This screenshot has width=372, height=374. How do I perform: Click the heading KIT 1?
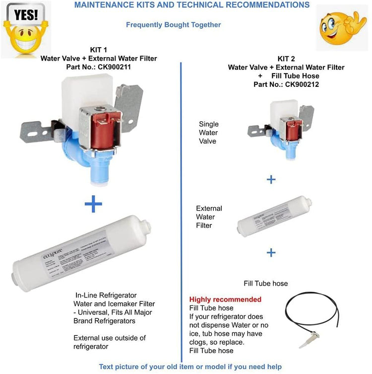click(99, 50)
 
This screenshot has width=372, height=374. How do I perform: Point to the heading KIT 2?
click(286, 59)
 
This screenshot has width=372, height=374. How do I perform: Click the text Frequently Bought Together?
click(173, 25)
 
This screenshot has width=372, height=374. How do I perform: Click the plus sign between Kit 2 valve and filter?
click(271, 179)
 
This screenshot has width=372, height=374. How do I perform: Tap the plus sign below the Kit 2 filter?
click(271, 253)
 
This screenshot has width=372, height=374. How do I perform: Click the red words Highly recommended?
click(225, 299)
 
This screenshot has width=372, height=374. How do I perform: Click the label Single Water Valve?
click(208, 133)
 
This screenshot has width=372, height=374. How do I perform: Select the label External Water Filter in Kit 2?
click(209, 217)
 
